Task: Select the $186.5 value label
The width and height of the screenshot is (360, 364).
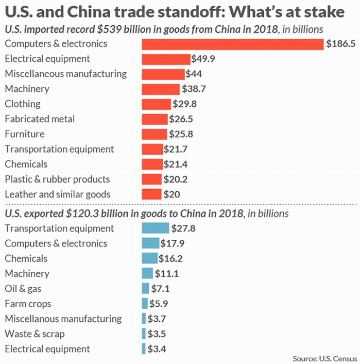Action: [341, 44]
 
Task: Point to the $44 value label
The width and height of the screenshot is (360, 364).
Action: [194, 74]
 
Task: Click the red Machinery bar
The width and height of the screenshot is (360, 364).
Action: [161, 89]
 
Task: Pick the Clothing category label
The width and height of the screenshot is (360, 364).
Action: [22, 104]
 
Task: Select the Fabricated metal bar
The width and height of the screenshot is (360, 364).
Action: [155, 119]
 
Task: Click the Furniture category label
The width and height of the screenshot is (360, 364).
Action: [25, 134]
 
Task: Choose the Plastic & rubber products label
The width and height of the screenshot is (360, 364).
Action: [57, 179]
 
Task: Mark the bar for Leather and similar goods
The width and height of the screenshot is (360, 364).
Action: [151, 194]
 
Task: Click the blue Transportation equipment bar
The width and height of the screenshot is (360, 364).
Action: [155, 228]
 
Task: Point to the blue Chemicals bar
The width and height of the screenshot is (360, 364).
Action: [149, 258]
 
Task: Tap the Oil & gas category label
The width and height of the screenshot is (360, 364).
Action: [24, 289]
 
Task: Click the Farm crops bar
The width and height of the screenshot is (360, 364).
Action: [145, 304]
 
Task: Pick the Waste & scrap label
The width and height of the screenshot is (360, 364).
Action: [35, 334]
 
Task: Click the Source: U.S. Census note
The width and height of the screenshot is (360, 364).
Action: [324, 358]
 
